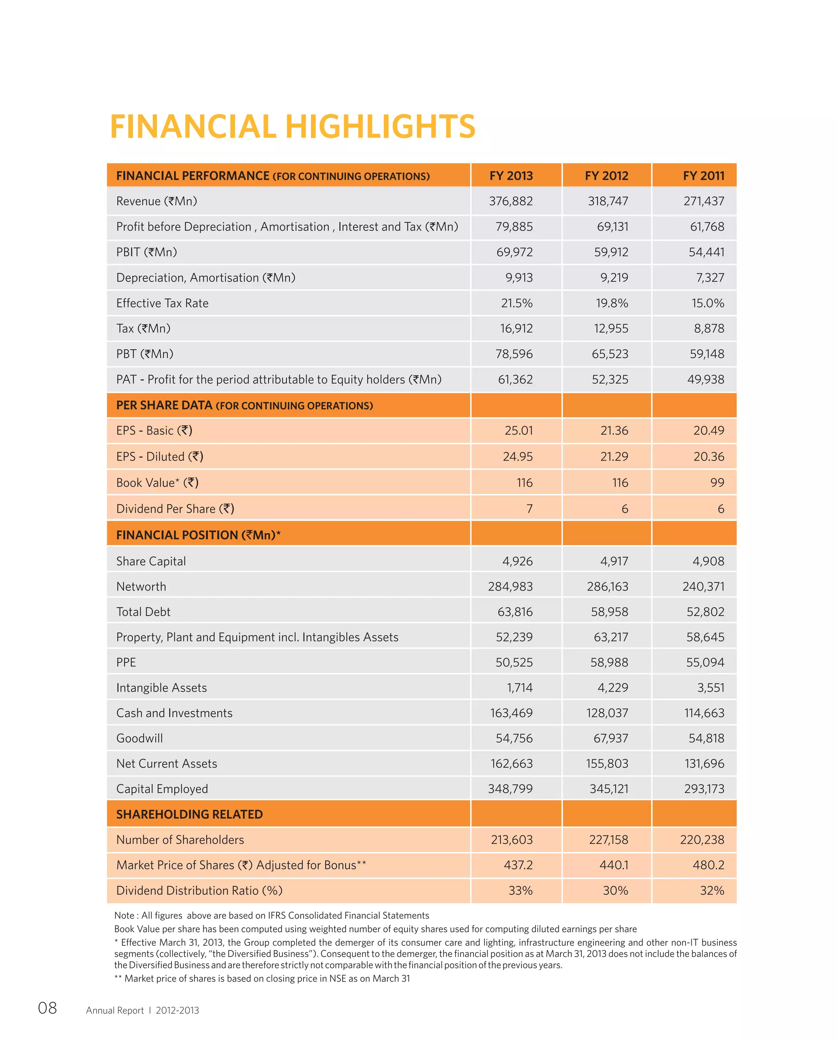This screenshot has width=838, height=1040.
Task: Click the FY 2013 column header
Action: click(x=511, y=176)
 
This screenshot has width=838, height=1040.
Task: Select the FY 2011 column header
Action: click(x=703, y=176)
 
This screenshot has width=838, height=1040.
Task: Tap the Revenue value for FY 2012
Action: click(x=608, y=201)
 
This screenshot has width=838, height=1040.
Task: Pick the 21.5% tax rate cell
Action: click(x=516, y=303)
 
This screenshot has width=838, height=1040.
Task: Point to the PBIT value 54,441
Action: click(x=706, y=252)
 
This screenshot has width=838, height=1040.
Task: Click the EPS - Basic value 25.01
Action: click(x=518, y=431)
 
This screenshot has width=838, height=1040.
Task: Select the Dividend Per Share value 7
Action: click(x=529, y=509)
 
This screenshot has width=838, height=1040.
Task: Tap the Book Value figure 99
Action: click(x=717, y=483)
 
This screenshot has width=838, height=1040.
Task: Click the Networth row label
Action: click(x=141, y=587)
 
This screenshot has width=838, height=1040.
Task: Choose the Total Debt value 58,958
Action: click(x=609, y=612)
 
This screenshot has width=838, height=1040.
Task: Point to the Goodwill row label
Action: click(x=140, y=738)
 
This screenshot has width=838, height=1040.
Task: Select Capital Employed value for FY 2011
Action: click(x=704, y=789)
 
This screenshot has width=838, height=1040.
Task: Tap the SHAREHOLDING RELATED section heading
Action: click(x=189, y=814)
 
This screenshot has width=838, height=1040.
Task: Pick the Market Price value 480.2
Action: click(x=708, y=865)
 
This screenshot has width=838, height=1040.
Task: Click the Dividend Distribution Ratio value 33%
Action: click(x=520, y=891)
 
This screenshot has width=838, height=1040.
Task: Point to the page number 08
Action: click(x=47, y=1008)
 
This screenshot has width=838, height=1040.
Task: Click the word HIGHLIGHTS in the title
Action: click(x=381, y=127)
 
